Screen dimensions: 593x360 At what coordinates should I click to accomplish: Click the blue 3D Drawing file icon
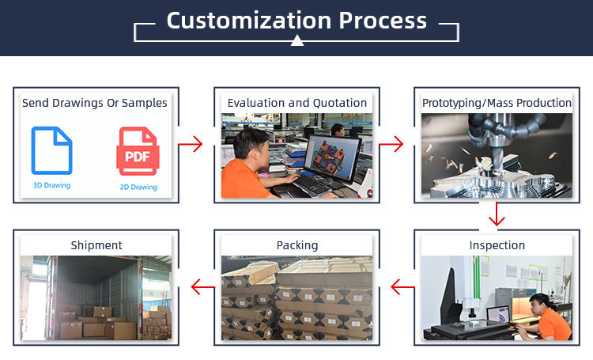(x=52, y=150)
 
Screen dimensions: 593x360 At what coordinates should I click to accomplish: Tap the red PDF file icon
(x=138, y=151)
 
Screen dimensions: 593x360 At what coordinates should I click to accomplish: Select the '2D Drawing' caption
(x=138, y=187)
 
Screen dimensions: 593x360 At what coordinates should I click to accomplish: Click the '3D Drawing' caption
(x=52, y=185)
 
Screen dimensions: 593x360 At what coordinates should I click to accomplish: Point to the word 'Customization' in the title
(x=249, y=21)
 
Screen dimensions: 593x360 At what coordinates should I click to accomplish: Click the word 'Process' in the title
(x=383, y=21)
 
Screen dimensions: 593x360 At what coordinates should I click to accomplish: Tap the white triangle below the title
(x=297, y=40)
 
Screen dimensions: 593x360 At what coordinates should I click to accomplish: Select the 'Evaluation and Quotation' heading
(x=297, y=103)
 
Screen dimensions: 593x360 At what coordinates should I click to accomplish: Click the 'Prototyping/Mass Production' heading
(x=497, y=103)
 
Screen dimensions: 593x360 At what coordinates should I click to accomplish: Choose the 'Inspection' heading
(x=497, y=245)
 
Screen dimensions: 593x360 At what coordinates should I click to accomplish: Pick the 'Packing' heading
(x=297, y=245)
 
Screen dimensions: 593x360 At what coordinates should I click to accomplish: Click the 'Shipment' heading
(x=96, y=245)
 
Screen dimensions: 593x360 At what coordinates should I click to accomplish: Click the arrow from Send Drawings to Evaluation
(x=191, y=144)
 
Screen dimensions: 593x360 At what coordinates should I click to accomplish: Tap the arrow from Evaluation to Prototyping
(x=391, y=144)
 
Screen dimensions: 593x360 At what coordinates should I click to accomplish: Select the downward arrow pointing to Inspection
(x=497, y=214)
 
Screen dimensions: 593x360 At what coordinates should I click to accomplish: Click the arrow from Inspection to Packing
(x=402, y=287)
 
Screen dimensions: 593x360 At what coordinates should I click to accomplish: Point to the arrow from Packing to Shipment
(x=203, y=287)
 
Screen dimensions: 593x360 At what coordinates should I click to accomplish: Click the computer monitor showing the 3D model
(x=332, y=158)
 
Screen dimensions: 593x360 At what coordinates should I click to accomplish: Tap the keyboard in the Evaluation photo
(x=313, y=184)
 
